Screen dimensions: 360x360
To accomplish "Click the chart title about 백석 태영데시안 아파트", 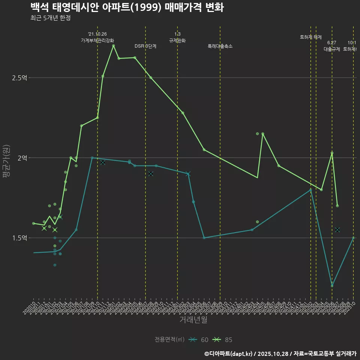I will pos(127,7).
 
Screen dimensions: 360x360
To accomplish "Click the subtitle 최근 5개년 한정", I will pos(50,18).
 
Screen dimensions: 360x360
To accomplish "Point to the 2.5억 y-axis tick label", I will pos(19,78).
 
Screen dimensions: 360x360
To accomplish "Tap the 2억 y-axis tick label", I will pos(22,158).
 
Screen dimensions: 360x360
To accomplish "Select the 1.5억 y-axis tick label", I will pos(19,238).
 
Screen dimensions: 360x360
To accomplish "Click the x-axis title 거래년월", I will pos(193,320).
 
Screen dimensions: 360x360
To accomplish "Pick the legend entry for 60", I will pos(199,340).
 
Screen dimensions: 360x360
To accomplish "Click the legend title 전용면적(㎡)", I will pos(169,340).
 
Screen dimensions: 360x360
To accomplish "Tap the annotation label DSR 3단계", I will pos(145,46).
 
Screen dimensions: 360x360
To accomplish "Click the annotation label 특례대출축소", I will pos(220,46).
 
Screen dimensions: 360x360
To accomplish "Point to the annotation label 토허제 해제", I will pos(311,37).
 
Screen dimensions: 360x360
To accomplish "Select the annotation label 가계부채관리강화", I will pos(97,40).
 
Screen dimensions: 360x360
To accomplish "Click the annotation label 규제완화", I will pos(177,40).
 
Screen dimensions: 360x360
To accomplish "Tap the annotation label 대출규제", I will pos(332,49).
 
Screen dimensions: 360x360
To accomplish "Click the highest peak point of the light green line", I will pos(113,46).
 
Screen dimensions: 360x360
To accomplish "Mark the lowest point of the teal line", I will pos(332,286).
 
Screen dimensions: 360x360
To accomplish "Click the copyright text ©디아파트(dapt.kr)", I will pos(229,354).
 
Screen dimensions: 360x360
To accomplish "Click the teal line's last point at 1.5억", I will pos(353,238).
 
